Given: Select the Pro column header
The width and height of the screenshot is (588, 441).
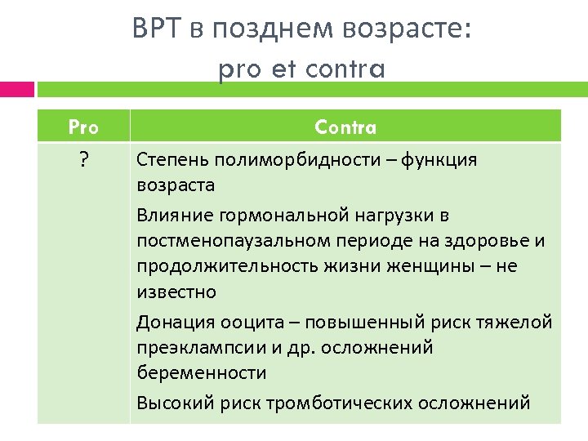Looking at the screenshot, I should [83, 127].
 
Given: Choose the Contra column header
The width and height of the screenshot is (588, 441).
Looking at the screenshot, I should [345, 127].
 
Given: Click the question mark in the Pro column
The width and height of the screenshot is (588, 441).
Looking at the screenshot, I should [83, 160].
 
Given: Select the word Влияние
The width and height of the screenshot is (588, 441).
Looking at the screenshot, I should [169, 216].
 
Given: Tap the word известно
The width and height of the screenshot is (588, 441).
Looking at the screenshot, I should [176, 292].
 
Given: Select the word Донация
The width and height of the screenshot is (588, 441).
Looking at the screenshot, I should [168, 322].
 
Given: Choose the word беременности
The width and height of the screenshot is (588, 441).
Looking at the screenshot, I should [201, 373].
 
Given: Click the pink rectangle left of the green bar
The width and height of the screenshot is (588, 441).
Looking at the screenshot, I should [16, 89].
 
